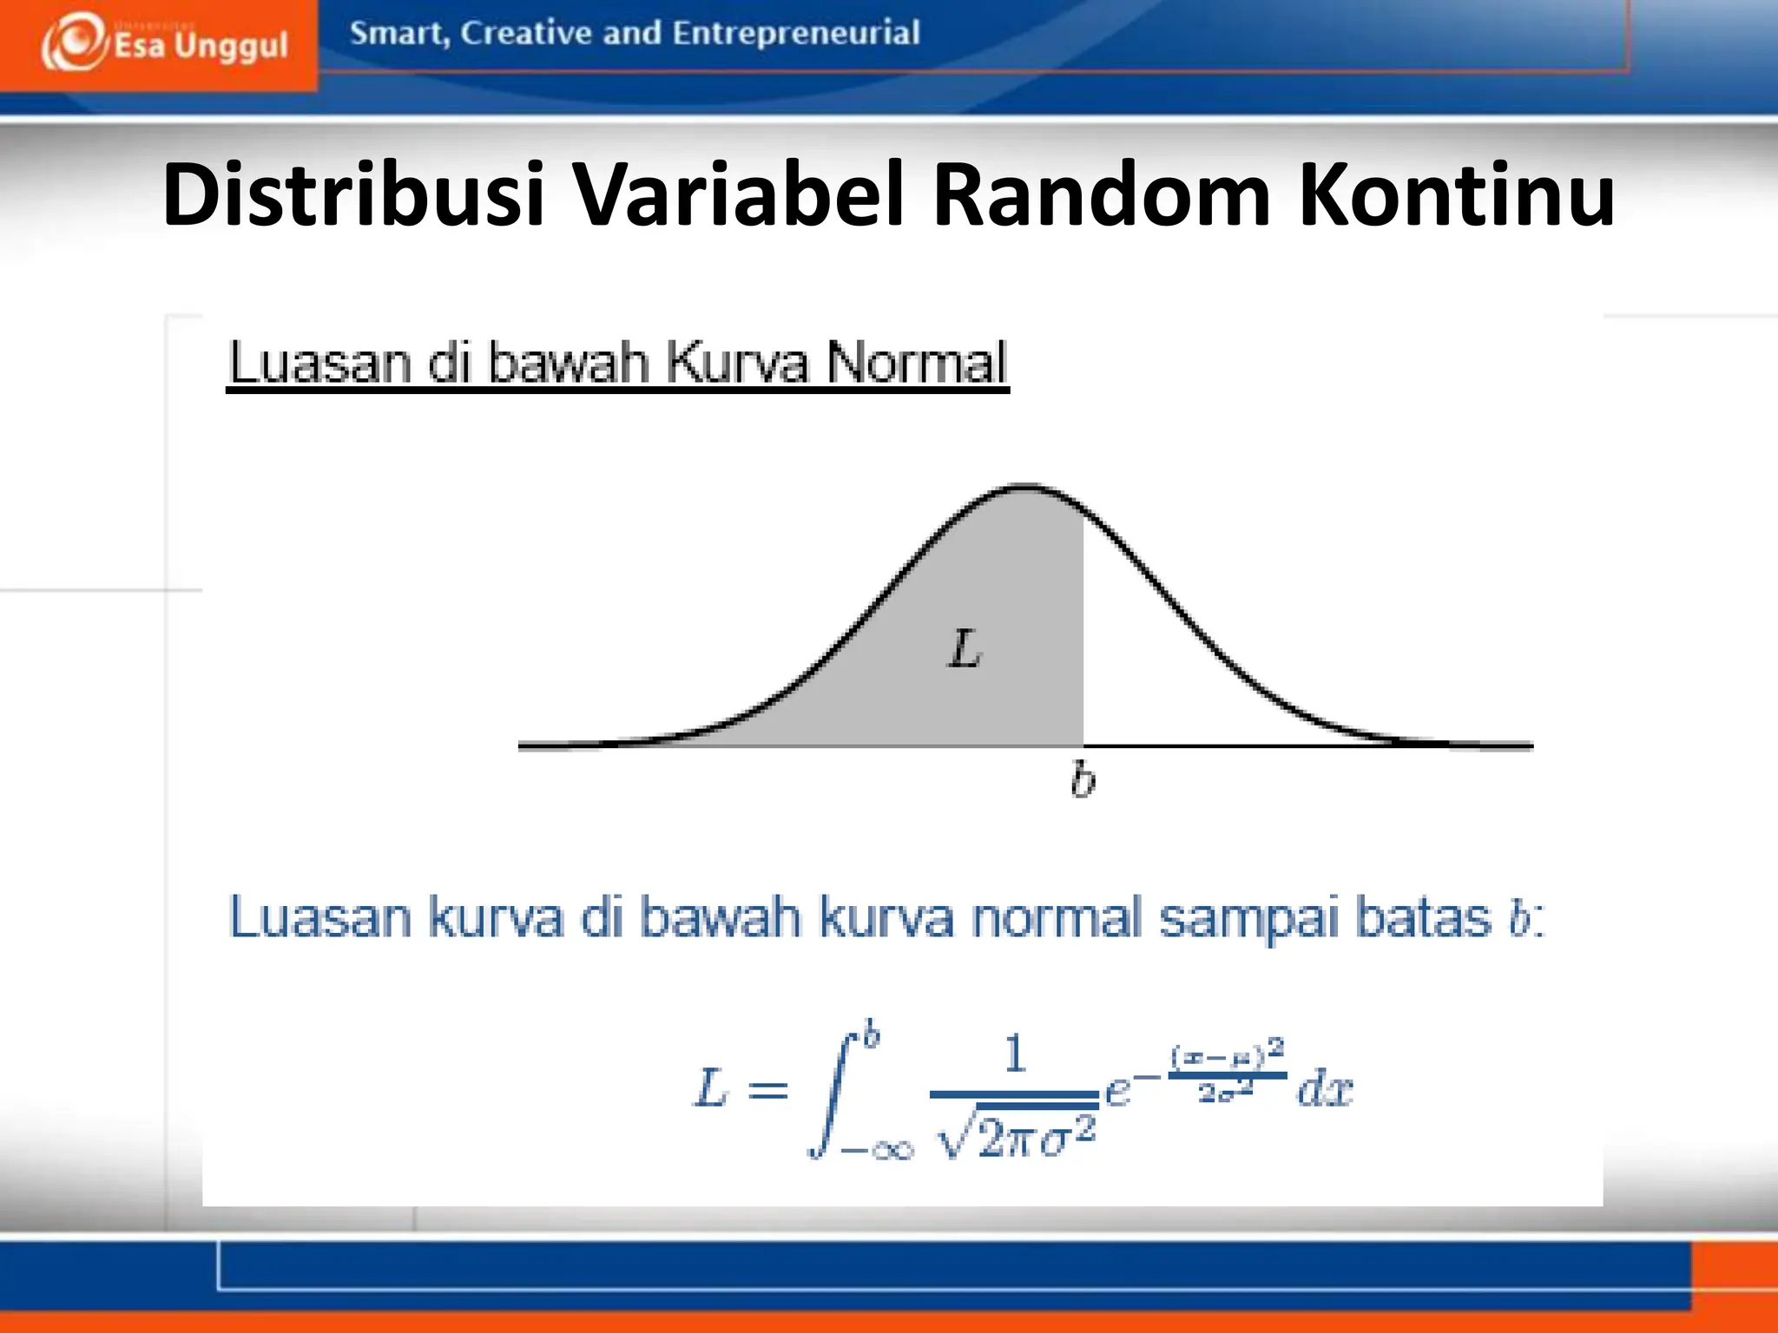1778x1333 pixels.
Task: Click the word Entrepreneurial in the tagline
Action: tap(795, 33)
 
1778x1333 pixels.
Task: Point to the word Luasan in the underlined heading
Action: tap(319, 362)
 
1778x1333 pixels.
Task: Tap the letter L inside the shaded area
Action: tap(964, 649)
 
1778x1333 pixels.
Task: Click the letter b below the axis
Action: tap(1083, 779)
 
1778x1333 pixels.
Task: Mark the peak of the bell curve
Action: tap(1025, 489)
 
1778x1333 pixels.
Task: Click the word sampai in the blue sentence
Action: tap(1248, 919)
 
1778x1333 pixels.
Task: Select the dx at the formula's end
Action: tap(1325, 1088)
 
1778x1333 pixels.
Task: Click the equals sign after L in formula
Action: tap(767, 1090)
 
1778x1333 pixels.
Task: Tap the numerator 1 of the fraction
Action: tap(1015, 1055)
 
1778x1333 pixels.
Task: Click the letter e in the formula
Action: tap(1118, 1091)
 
